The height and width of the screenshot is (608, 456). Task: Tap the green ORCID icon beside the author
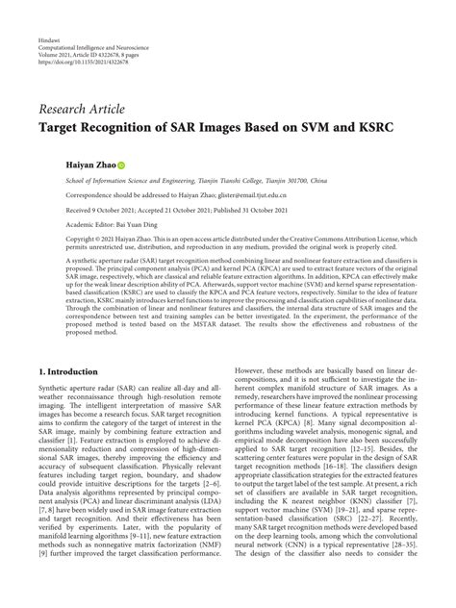tap(122, 165)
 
